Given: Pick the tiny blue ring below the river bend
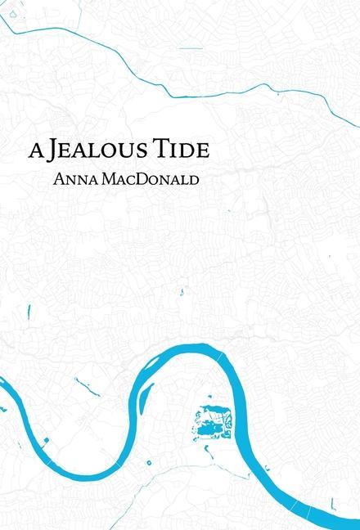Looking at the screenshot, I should click(150, 462).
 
